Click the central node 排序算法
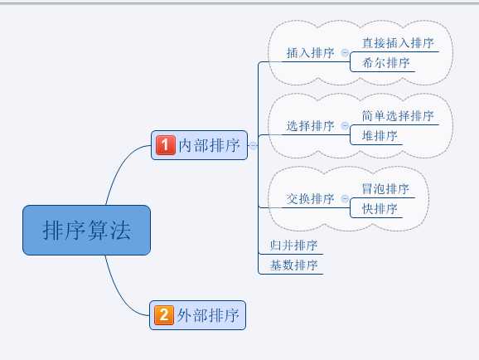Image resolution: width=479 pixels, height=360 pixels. [87, 230]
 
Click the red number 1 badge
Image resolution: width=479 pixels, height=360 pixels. [164, 145]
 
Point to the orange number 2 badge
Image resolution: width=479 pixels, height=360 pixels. [164, 315]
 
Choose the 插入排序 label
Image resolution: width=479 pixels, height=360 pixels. [310, 52]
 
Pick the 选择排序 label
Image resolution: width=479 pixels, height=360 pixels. [310, 126]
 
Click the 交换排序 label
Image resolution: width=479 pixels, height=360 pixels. [310, 199]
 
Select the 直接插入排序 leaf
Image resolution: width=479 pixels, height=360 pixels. [398, 42]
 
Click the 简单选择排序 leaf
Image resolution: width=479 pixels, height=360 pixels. [398, 116]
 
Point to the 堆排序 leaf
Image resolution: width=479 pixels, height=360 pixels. [380, 135]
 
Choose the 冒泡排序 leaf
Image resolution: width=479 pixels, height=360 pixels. [385, 189]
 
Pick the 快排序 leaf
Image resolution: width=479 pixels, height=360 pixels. [380, 209]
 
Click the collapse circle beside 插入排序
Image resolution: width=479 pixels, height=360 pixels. [345, 52]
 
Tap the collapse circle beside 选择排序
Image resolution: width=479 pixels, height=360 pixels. [345, 126]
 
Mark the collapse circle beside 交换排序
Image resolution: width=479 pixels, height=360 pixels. [345, 199]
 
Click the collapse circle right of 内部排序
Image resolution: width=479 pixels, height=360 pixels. [253, 145]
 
